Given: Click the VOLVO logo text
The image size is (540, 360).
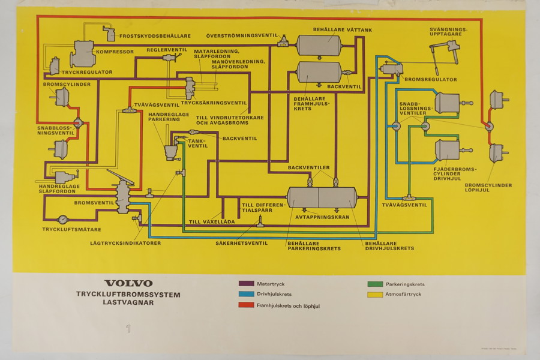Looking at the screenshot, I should coord(128,283).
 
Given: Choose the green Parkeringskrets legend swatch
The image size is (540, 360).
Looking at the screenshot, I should coord(375,284).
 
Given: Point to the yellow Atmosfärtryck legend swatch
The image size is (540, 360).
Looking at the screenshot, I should coord(375,295).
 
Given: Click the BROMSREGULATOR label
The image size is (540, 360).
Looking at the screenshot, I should coord(431,79).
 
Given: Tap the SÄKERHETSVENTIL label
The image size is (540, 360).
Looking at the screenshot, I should coord(242,243).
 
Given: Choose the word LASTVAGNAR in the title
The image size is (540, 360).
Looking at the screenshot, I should coord(128,303).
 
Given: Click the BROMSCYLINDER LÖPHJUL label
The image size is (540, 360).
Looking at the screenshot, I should coord(490,188).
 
